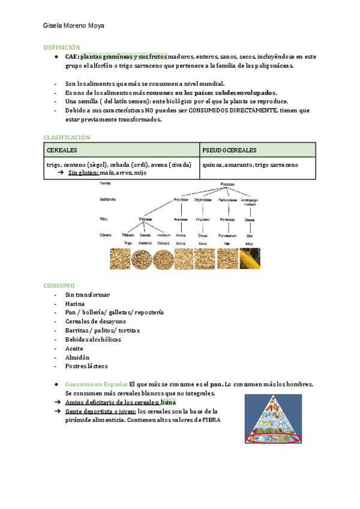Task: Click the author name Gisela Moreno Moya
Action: pos(74,27)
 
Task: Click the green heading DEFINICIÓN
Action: pos(61,47)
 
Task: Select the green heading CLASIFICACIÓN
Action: pos(67,137)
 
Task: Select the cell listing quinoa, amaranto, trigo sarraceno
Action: pos(251,164)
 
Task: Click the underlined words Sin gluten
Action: pos(82,173)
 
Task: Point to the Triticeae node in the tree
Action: pos(145,220)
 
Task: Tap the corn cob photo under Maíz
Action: pos(250,258)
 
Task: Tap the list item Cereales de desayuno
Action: pos(92,321)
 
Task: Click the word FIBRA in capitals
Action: pos(212,420)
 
